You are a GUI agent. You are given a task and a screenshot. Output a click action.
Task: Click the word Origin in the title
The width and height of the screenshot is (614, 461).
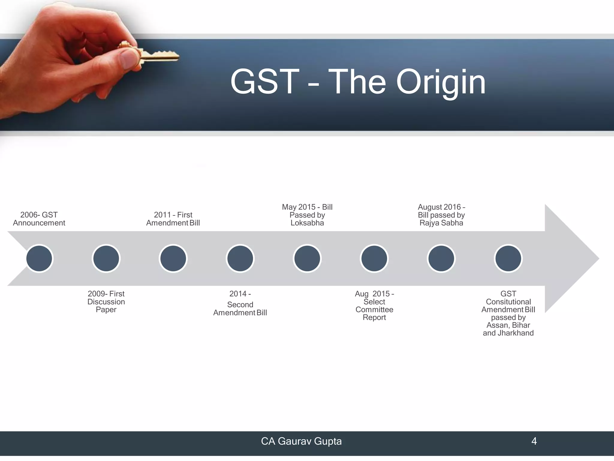click(441, 82)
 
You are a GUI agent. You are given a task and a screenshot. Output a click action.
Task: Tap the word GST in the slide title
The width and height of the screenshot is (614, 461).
click(265, 82)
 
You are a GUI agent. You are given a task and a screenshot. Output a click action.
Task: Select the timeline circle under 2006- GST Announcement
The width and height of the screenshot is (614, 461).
click(39, 258)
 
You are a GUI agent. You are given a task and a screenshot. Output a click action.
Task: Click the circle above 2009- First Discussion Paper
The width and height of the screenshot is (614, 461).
click(106, 258)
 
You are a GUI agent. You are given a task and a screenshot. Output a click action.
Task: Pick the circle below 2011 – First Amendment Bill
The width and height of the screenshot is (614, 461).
click(173, 258)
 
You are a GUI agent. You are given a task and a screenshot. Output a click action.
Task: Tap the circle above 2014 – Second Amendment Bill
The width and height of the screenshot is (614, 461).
click(240, 258)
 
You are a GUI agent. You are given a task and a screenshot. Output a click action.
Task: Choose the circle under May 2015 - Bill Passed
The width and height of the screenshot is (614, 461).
click(307, 258)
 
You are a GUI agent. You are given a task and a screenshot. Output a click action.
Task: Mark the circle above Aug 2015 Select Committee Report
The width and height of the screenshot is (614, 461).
click(374, 258)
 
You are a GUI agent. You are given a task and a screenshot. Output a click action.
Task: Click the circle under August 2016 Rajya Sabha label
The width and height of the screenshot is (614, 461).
click(441, 258)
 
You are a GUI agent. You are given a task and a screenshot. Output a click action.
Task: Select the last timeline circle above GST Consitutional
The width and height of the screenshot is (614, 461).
click(508, 258)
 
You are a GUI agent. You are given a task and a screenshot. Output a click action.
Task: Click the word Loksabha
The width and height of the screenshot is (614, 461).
click(307, 223)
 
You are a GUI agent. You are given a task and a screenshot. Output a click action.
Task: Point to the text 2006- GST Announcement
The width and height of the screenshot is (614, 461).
click(39, 219)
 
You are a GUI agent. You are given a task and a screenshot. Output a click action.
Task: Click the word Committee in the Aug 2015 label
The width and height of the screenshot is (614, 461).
click(374, 310)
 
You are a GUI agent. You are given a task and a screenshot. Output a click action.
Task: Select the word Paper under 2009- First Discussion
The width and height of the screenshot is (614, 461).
click(106, 310)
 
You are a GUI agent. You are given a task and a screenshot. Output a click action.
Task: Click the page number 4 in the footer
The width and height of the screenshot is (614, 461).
click(534, 441)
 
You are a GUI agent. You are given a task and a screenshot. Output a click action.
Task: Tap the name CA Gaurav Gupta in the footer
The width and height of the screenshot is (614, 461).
click(301, 441)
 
